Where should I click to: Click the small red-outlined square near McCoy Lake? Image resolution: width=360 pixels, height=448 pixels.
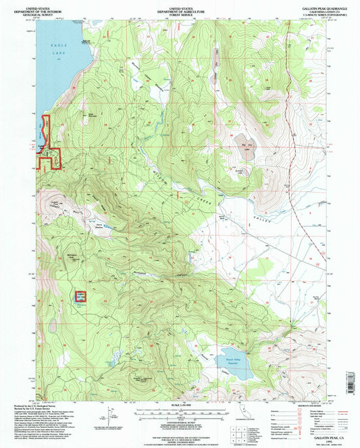(80, 296)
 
